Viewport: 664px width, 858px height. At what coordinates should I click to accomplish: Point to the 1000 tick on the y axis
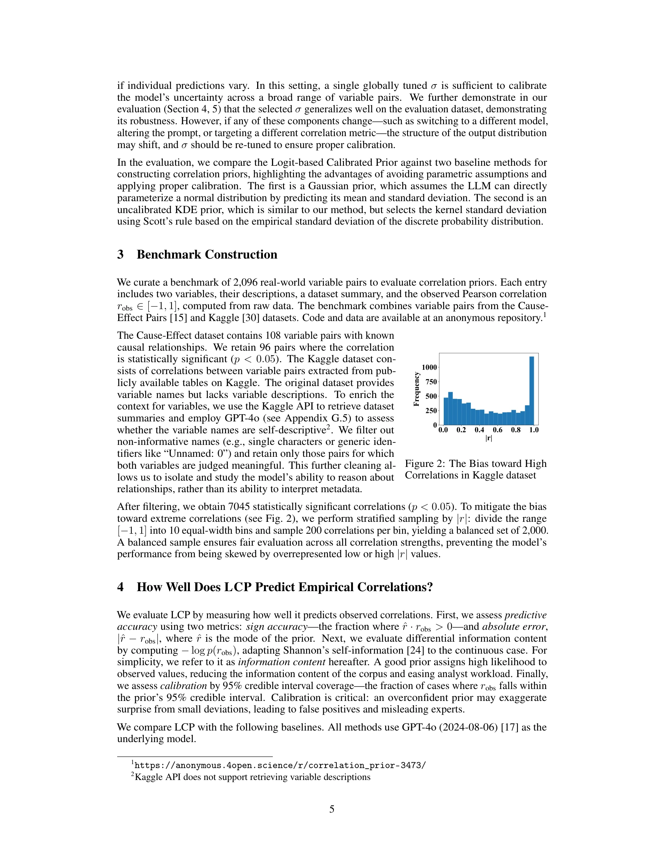pyautogui.click(x=429, y=367)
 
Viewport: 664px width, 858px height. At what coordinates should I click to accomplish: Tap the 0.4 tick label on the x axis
pyautogui.click(x=479, y=430)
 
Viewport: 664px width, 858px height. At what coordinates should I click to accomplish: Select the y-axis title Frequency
pyautogui.click(x=417, y=389)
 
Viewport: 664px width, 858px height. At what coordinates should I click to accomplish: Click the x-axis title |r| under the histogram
pyautogui.click(x=489, y=438)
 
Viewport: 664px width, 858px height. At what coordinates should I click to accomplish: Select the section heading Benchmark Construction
pyautogui.click(x=207, y=255)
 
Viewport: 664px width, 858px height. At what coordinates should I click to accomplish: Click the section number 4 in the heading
pyautogui.click(x=120, y=587)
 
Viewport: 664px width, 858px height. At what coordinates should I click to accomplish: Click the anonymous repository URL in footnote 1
pyautogui.click(x=280, y=765)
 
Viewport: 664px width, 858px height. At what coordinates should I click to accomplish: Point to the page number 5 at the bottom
pyautogui.click(x=332, y=809)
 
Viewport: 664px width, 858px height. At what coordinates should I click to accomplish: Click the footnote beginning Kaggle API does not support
pyautogui.click(x=252, y=777)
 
